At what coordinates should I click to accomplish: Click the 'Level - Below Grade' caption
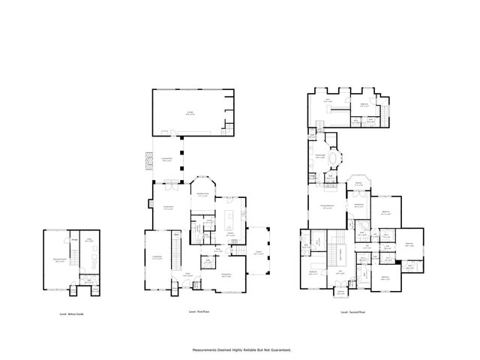click(72, 314)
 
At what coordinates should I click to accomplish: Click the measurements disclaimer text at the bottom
click(241, 349)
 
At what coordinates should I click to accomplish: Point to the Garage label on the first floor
click(190, 112)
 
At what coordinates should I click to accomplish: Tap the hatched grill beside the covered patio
click(148, 160)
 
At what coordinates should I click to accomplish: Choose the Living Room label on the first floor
click(158, 257)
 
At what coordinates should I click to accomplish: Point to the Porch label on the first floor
click(258, 253)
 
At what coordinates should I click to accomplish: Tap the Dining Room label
click(224, 276)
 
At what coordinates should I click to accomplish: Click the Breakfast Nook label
click(202, 194)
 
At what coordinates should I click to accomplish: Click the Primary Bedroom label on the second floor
click(327, 205)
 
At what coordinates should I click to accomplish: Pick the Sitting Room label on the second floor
click(359, 204)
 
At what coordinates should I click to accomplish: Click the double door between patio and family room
click(171, 183)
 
